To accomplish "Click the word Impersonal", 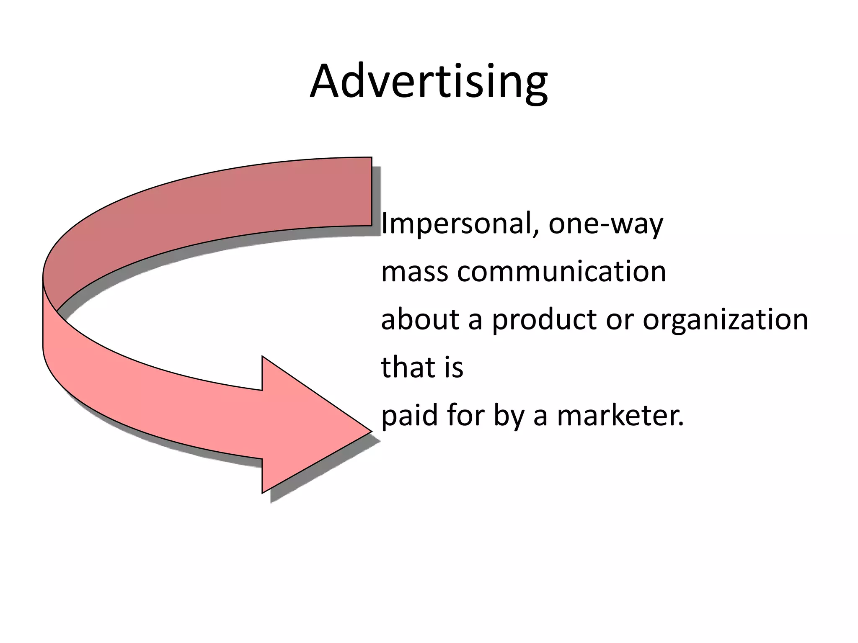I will [456, 224].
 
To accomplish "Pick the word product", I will [545, 320].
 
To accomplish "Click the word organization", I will [725, 320].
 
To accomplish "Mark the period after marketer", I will [680, 424].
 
